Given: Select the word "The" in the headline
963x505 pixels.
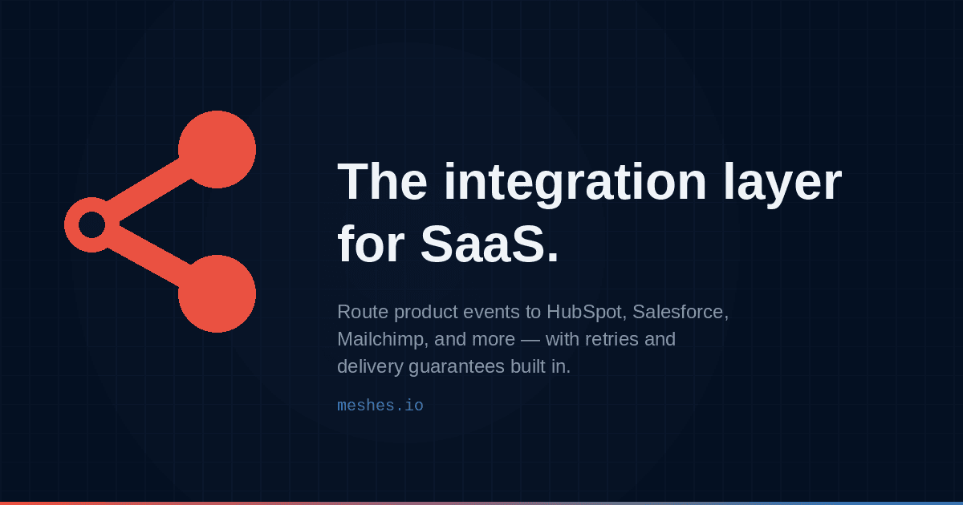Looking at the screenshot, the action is pyautogui.click(x=382, y=181).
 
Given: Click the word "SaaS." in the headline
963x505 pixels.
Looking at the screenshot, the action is pyautogui.click(x=490, y=244).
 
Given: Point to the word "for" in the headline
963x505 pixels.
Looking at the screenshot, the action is pyautogui.click(x=371, y=243).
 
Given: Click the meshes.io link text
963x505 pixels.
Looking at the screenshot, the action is pyautogui.click(x=380, y=406).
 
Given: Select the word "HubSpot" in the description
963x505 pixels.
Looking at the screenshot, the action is pyautogui.click(x=585, y=312).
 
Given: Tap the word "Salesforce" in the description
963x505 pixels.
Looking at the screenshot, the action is pyautogui.click(x=678, y=312).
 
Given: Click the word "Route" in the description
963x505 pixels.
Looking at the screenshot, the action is pyautogui.click(x=363, y=312).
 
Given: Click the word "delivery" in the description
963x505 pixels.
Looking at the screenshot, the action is pyautogui.click(x=370, y=367).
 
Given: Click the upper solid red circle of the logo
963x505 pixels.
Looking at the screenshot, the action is pyautogui.click(x=217, y=149).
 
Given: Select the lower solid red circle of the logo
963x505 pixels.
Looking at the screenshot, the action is pyautogui.click(x=217, y=293).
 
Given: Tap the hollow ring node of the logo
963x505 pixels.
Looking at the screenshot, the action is pyautogui.click(x=71, y=225).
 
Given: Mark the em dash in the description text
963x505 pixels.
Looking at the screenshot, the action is pyautogui.click(x=530, y=340).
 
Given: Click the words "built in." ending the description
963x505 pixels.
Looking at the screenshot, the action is pyautogui.click(x=540, y=367).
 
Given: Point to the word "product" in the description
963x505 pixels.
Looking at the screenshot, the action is pyautogui.click(x=425, y=312).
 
